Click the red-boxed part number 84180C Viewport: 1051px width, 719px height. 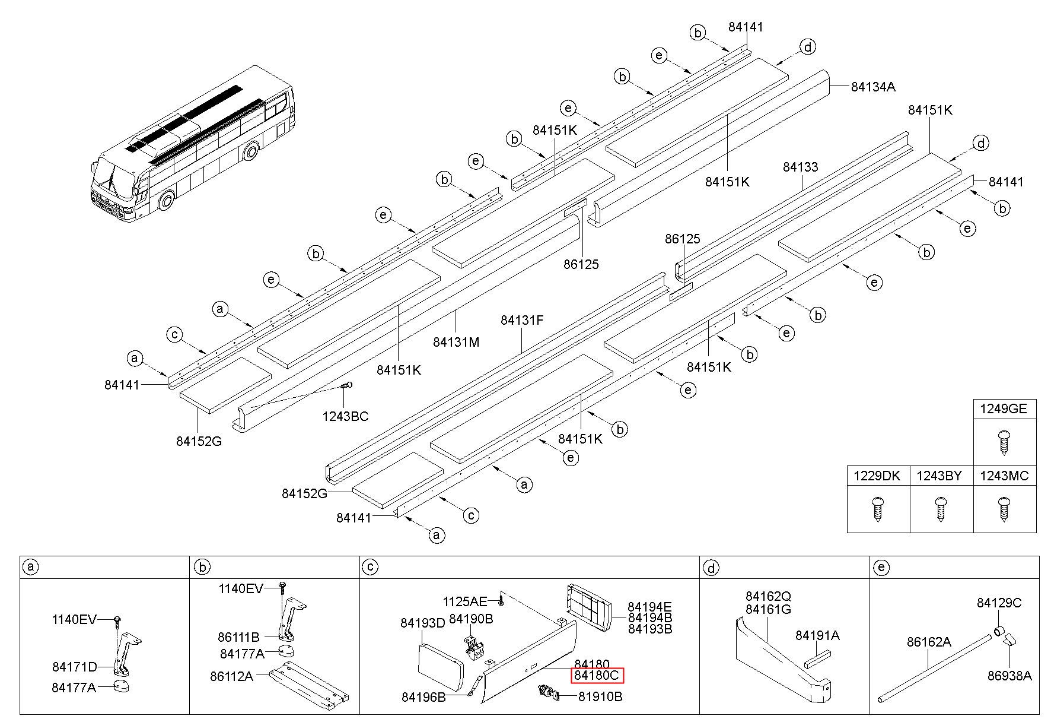[597, 676]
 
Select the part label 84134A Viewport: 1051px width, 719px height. [872, 87]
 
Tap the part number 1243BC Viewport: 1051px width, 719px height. [345, 417]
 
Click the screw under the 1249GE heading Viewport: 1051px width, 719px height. [1004, 442]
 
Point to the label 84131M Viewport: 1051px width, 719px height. [456, 342]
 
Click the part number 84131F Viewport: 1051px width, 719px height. [522, 321]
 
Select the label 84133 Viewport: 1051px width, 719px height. [800, 167]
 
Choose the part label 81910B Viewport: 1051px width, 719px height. [600, 697]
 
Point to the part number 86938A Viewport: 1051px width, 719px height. [1009, 676]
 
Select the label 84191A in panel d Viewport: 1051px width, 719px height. [817, 636]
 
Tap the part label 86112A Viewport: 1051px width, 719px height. [231, 676]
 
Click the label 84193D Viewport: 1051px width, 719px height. [422, 623]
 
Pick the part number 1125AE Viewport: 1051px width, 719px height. [464, 601]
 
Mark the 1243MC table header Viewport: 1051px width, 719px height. [1004, 476]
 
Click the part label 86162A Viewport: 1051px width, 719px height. [929, 642]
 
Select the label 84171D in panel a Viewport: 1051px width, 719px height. [74, 667]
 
